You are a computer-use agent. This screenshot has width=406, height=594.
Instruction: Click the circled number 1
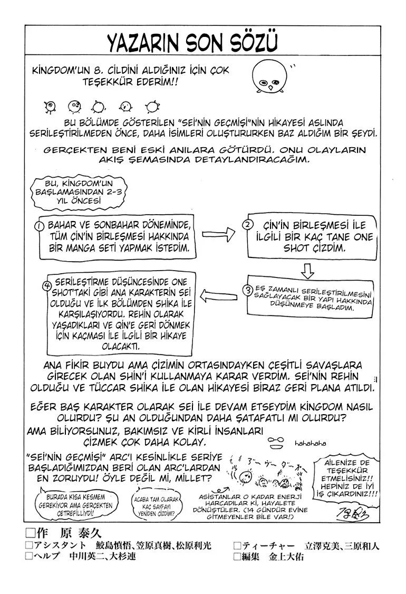pyautogui.click(x=38, y=225)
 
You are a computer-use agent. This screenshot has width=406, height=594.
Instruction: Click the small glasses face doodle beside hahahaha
pyautogui.click(x=277, y=442)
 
